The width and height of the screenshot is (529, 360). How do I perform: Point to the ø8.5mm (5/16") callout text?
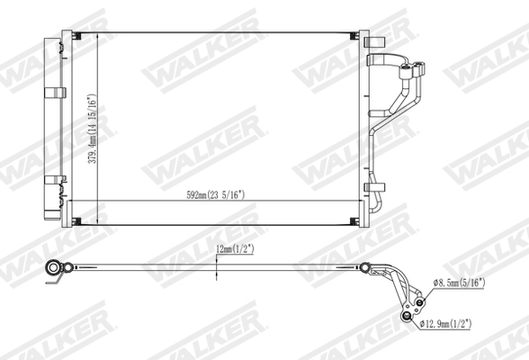[x=459, y=283]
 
